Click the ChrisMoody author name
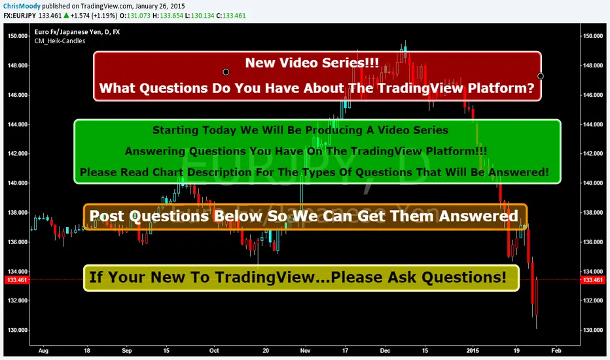(x=22, y=7)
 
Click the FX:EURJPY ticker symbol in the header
(x=20, y=16)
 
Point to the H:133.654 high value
(x=166, y=16)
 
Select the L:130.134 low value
(x=198, y=16)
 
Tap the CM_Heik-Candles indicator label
(x=60, y=41)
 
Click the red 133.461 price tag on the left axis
(x=17, y=280)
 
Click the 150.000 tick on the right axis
(x=593, y=36)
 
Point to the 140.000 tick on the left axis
(x=18, y=183)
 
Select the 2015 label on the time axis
(x=473, y=351)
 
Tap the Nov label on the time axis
(x=306, y=351)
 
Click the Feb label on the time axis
(x=556, y=351)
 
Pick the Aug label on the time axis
(x=43, y=351)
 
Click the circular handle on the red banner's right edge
(x=541, y=76)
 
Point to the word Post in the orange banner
(x=107, y=216)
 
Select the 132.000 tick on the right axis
(x=593, y=300)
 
